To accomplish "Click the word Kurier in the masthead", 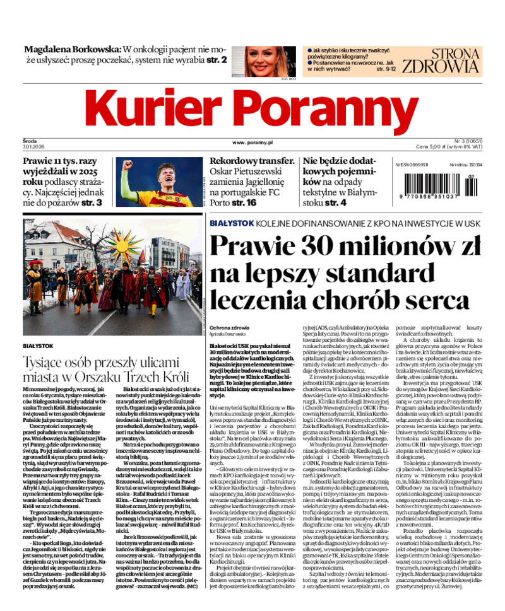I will [152, 108].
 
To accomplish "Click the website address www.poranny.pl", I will [252, 144].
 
